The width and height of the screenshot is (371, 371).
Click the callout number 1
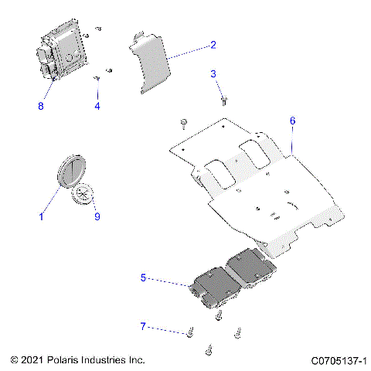[41, 217]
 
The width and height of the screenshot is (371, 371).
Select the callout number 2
[213, 45]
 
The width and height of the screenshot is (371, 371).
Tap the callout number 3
[213, 73]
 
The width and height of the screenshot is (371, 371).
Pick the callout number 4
[97, 106]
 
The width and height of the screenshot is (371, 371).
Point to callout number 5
[143, 276]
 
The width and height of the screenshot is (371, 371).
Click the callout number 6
[292, 121]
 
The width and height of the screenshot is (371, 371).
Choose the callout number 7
[143, 327]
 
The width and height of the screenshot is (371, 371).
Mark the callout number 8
[41, 106]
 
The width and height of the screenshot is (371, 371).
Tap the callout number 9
[97, 217]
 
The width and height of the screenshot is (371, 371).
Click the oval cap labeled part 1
[73, 170]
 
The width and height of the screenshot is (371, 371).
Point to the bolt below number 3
[223, 99]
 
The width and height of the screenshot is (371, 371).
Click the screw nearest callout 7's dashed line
[189, 333]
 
